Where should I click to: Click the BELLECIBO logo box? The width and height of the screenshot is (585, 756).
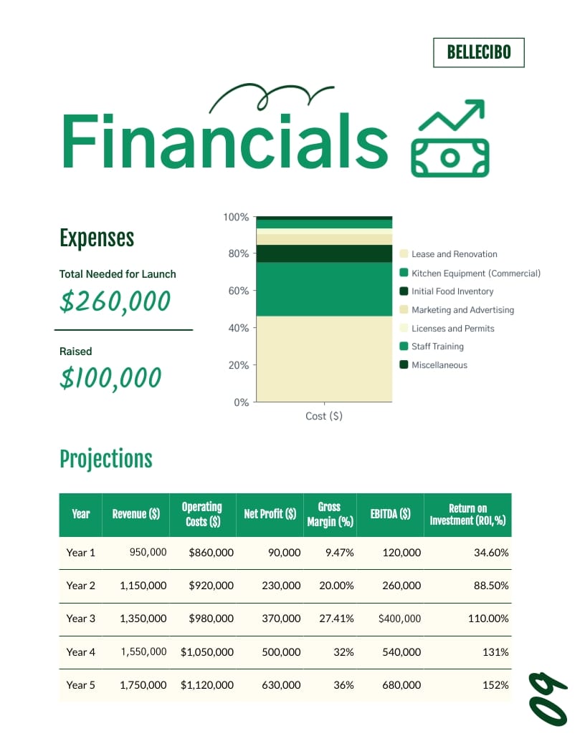tap(478, 52)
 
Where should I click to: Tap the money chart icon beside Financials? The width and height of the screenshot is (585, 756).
tap(450, 139)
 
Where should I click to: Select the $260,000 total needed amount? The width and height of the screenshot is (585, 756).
tap(115, 301)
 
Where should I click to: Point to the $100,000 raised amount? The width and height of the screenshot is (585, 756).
tap(110, 377)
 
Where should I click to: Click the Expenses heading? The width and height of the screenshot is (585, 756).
tap(97, 238)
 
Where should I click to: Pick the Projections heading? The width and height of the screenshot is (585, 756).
tap(106, 459)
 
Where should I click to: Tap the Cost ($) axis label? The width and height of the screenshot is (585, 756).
tap(324, 416)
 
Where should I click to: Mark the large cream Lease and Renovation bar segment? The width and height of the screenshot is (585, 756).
tap(324, 358)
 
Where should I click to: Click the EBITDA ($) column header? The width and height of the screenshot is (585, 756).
tap(390, 514)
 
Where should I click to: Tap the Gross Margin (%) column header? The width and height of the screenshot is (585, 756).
tap(330, 514)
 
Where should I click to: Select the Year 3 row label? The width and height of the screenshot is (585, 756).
tap(80, 619)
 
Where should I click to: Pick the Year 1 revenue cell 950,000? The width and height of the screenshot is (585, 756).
tap(148, 552)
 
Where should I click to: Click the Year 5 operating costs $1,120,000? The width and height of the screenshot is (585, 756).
tap(207, 685)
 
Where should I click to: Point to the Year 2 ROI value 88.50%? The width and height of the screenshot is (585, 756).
tap(490, 586)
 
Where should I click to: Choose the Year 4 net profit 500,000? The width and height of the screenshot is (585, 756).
tap(280, 651)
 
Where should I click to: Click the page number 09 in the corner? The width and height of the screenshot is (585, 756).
tap(548, 698)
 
